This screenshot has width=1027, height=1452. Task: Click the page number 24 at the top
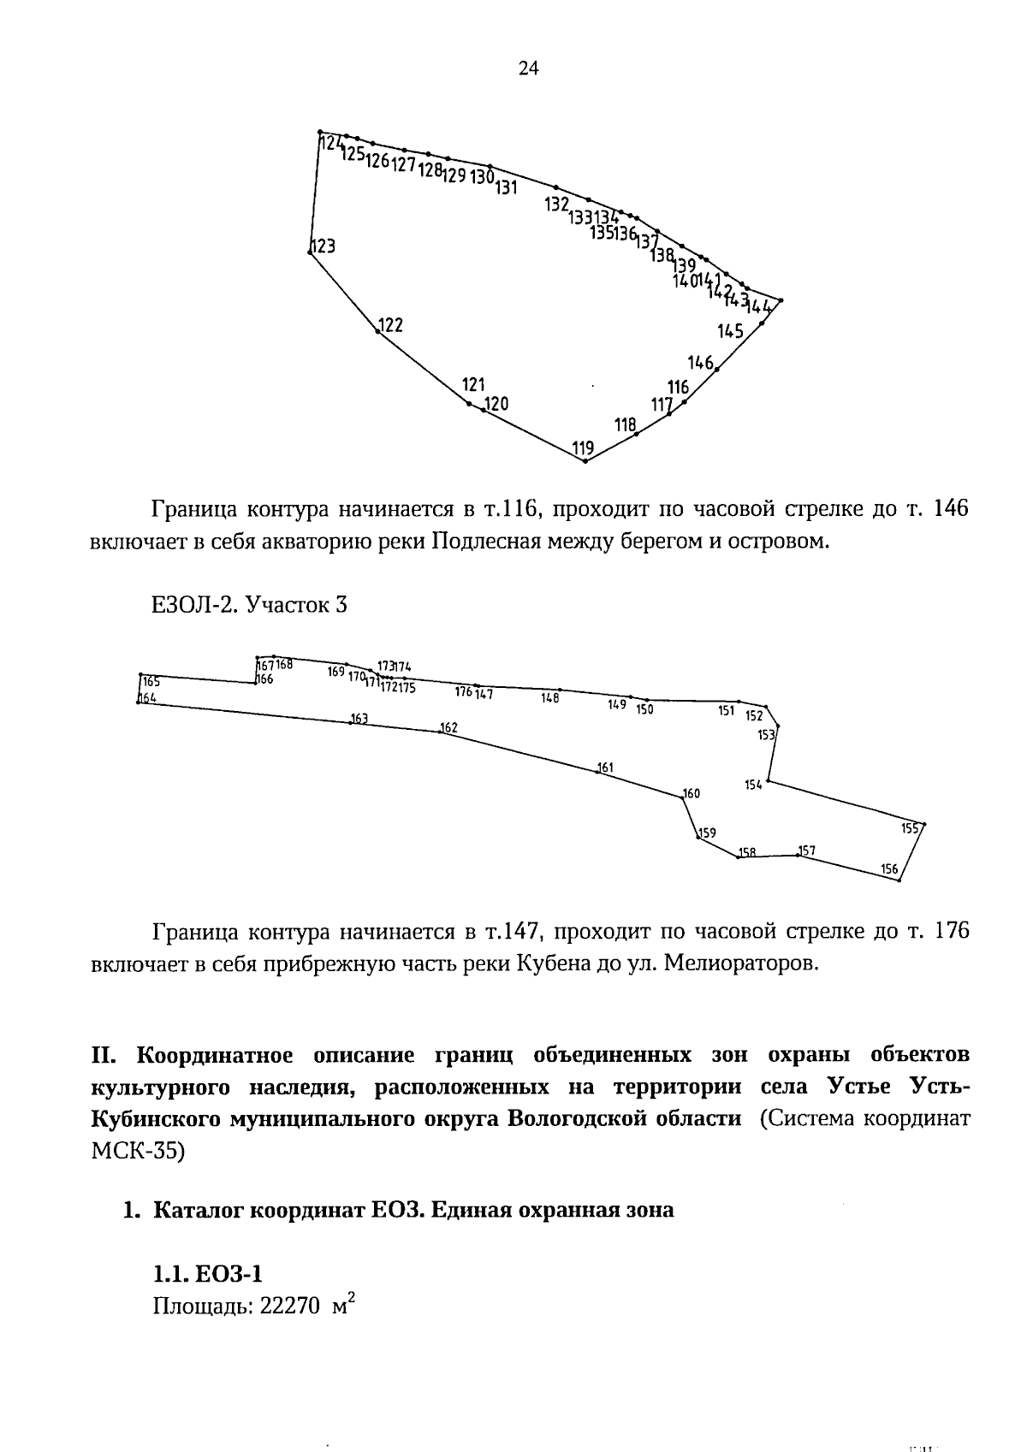point(528,69)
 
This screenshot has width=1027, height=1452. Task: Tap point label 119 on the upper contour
point(583,447)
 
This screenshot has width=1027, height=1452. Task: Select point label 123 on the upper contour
point(323,246)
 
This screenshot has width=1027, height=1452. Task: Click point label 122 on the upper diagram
point(390,325)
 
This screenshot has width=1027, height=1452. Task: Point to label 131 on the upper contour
point(506,188)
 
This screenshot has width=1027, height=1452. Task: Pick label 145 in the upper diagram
point(730,331)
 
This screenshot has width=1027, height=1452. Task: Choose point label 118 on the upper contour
point(626,424)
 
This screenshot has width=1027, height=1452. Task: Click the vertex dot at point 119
point(585,461)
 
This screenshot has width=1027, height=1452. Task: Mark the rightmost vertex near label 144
point(781,299)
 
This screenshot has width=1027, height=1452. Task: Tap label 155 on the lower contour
point(911,828)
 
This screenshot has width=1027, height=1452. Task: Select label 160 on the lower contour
point(692,793)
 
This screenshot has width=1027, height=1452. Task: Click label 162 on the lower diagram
point(449,728)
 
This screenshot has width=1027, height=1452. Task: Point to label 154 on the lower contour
point(753,785)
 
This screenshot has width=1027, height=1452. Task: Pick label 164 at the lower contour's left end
point(148,698)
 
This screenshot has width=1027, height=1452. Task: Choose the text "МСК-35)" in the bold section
point(137,1151)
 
